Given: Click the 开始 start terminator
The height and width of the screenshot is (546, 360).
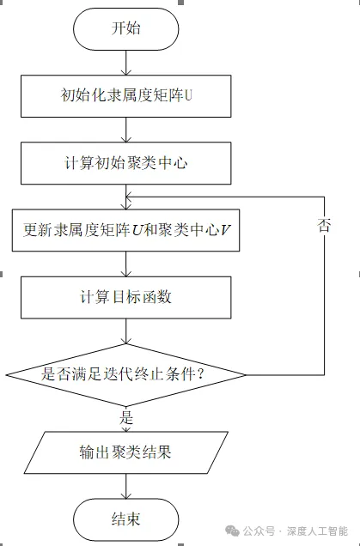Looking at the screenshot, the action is tap(125, 29).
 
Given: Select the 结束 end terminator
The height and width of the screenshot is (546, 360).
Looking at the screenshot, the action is tap(125, 519).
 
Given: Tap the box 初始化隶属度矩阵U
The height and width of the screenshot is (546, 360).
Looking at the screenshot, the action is tap(125, 96).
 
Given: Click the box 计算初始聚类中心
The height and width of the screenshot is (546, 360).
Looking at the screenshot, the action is tap(125, 163).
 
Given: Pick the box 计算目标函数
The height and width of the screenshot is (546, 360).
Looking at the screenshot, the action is tap(125, 297).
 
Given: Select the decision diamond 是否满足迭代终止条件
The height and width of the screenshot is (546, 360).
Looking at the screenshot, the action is tap(125, 375).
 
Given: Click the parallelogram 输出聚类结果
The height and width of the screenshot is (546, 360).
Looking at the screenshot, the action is tap(125, 452).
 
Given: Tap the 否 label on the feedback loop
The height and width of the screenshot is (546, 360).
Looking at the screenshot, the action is tap(324, 225).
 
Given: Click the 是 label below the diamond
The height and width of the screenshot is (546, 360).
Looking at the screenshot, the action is tap(125, 417).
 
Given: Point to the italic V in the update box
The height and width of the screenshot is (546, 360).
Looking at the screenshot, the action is tap(225, 230).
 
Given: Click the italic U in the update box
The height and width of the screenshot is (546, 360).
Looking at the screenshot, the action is tap(137, 230).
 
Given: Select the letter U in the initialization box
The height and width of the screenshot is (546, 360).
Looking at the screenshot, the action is tap(188, 95).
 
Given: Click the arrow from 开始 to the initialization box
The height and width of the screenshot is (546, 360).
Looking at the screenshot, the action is tap(125, 63).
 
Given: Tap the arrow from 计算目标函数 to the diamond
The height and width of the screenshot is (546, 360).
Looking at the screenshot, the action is tap(125, 331).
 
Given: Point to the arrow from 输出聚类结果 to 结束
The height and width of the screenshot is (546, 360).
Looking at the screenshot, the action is tap(125, 486).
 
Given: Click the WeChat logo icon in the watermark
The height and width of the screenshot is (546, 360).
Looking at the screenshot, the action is tap(233, 531).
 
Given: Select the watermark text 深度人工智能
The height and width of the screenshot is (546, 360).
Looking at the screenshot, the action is tap(317, 531).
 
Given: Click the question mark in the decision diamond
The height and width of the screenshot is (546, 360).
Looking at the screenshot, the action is tap(200, 374).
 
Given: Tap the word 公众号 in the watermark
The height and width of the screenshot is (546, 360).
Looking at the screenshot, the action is tap(259, 531).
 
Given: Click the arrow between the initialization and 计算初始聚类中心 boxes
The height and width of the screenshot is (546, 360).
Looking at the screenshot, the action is tap(125, 130).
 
